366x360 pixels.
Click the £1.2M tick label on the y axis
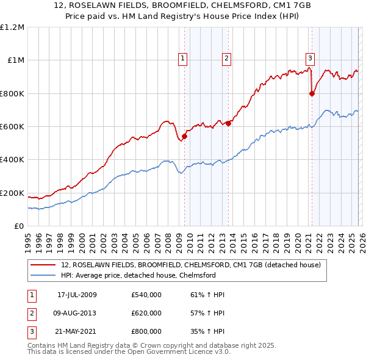12,27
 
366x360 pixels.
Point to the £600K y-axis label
12,126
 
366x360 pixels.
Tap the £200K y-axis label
12,193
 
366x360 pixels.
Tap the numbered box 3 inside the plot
310,59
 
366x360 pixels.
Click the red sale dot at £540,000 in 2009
184,137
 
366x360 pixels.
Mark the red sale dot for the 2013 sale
228,123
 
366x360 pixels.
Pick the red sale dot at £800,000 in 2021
312,93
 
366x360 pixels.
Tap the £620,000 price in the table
146,313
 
